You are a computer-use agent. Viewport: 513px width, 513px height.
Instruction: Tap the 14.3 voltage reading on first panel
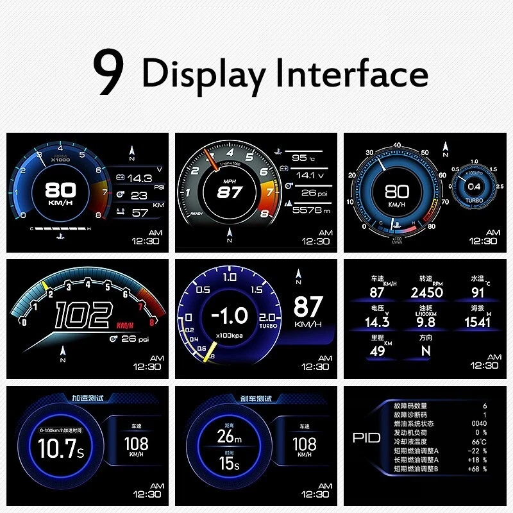(x=140, y=178)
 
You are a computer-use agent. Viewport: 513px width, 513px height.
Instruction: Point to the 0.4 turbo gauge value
(x=474, y=186)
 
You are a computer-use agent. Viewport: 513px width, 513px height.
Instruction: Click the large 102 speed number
(x=83, y=316)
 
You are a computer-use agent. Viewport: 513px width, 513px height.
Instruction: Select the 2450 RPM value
(x=426, y=292)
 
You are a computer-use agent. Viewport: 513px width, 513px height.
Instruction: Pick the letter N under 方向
(x=425, y=351)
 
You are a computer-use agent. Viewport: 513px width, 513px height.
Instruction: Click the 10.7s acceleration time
(x=60, y=448)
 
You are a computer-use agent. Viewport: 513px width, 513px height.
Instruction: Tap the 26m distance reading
(x=230, y=437)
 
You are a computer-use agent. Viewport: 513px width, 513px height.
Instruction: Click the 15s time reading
(x=230, y=462)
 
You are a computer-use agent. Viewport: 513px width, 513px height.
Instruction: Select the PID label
(x=366, y=438)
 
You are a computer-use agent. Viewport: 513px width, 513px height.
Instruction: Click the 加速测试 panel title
(x=87, y=398)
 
